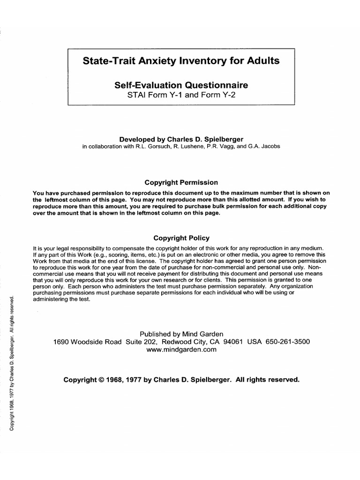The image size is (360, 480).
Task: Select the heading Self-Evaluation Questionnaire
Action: (x=181, y=85)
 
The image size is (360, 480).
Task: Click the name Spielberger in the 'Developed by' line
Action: (x=221, y=139)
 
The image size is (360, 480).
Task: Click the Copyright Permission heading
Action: (x=181, y=182)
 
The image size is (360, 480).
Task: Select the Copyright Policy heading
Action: (x=181, y=238)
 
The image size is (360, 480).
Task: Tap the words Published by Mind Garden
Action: (x=181, y=334)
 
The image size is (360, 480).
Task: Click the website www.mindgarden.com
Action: (x=181, y=350)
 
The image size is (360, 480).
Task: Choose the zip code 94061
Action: (x=233, y=342)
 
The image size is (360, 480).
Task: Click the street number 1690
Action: (x=62, y=342)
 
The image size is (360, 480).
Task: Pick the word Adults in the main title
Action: (x=262, y=61)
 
